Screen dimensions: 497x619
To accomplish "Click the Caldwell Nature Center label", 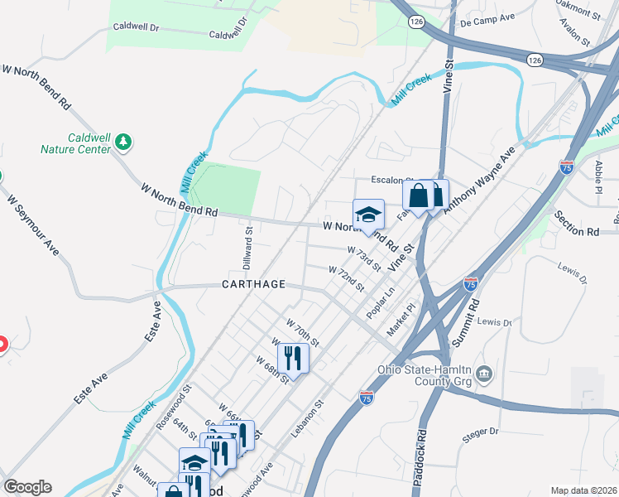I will tap(75, 143).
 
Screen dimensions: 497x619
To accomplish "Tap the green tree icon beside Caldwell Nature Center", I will tap(123, 142).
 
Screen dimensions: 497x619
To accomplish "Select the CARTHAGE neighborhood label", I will tap(253, 284).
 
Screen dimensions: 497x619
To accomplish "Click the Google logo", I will tap(27, 487).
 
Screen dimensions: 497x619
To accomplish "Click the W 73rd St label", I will tap(364, 258).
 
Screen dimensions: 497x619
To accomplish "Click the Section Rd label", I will tap(576, 229).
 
